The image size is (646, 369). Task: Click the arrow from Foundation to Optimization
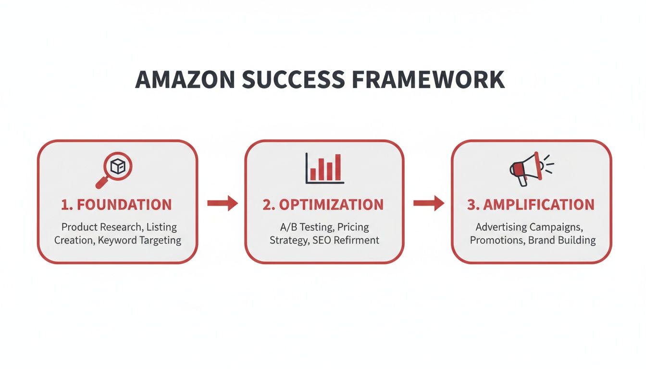pyautogui.click(x=222, y=204)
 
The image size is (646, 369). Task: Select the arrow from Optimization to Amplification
pyautogui.click(x=429, y=204)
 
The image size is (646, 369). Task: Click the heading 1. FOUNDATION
pyautogui.click(x=116, y=205)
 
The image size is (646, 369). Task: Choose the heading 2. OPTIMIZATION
pyautogui.click(x=323, y=205)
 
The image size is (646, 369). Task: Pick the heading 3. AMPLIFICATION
pyautogui.click(x=531, y=205)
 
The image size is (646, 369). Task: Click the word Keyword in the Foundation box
pyautogui.click(x=117, y=240)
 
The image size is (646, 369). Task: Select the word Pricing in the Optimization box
pyautogui.click(x=353, y=227)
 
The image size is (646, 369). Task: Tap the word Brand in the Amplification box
pyautogui.click(x=541, y=240)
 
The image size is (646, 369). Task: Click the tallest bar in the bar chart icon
pyautogui.click(x=338, y=167)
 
